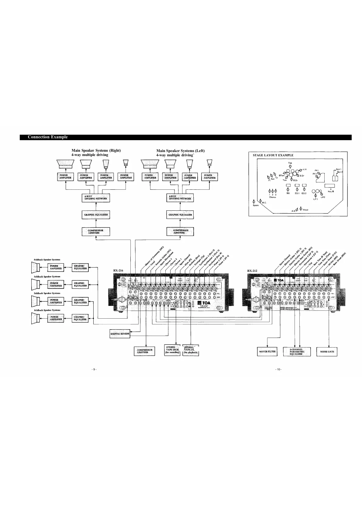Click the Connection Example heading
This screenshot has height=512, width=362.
[x=48, y=137]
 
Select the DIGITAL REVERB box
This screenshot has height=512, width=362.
[x=120, y=334]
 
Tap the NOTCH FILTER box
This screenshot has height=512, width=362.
[x=267, y=351]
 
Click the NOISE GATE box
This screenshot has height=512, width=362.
[x=327, y=351]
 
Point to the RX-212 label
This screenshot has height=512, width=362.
[x=252, y=270]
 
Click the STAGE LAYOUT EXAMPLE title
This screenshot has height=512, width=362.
[x=273, y=155]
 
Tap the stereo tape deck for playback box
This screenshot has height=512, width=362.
[x=191, y=350]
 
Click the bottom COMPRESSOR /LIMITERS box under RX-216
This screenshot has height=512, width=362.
[x=144, y=351]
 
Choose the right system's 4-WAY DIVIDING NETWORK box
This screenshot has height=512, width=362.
[x=96, y=198]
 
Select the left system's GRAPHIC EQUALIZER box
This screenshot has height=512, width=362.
[x=180, y=215]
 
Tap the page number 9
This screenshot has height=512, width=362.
[x=94, y=369]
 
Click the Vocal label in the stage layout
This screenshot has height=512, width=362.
[x=306, y=210]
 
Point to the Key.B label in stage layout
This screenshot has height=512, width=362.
[x=331, y=191]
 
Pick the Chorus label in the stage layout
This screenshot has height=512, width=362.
[x=272, y=197]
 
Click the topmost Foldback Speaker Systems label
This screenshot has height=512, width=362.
[x=47, y=260]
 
